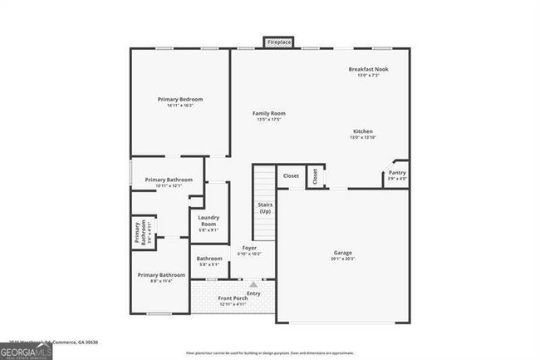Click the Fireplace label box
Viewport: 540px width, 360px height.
click(279, 42)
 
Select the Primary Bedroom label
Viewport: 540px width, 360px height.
click(180, 99)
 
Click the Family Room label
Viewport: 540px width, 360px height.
click(269, 113)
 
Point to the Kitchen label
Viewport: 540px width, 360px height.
click(363, 131)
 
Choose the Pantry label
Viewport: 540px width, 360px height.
click(397, 172)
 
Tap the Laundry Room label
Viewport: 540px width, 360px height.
click(208, 220)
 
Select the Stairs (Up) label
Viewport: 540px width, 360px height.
click(265, 208)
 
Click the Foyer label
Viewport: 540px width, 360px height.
click(249, 248)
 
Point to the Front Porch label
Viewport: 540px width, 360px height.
click(233, 298)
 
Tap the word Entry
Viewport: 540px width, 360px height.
click(253, 293)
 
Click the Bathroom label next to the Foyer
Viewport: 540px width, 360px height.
click(209, 259)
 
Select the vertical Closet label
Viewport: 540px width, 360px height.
click(315, 176)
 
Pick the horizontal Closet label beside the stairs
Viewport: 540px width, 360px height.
click(291, 175)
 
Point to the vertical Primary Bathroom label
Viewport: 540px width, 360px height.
click(140, 232)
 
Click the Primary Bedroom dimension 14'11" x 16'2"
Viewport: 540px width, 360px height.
click(180, 106)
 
